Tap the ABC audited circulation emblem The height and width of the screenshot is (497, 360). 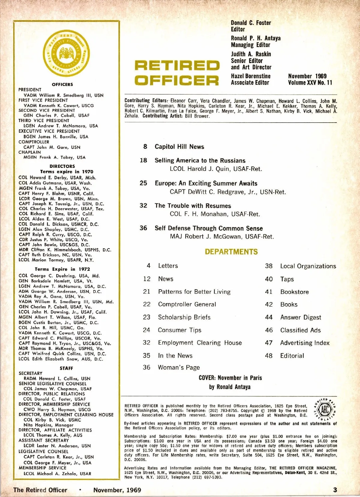pyautogui.click(x=325, y=409)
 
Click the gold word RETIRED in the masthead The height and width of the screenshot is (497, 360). pyautogui.click(x=177, y=65)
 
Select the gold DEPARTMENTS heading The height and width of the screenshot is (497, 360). pyautogui.click(x=231, y=252)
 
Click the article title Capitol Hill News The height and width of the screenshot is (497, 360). pyautogui.click(x=179, y=147)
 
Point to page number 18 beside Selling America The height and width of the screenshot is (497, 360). pyautogui.click(x=143, y=160)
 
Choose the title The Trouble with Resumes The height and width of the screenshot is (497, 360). pyautogui.click(x=193, y=206)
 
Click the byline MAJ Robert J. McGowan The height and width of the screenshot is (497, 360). pyautogui.click(x=222, y=237)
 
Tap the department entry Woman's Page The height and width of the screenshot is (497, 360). pyautogui.click(x=179, y=368)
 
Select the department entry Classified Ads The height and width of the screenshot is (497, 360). pyautogui.click(x=300, y=330)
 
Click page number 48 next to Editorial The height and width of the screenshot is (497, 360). pyautogui.click(x=269, y=356)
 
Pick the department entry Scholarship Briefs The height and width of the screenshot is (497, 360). pyautogui.click(x=184, y=317)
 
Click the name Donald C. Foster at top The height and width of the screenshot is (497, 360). pyautogui.click(x=251, y=23)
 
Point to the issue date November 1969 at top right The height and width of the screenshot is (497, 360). pyautogui.click(x=307, y=76)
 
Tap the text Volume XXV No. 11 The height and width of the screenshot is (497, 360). pyautogui.click(x=310, y=83)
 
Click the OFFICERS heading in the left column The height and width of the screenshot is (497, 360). pyautogui.click(x=62, y=85)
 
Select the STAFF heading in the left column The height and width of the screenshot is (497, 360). pyautogui.click(x=66, y=368)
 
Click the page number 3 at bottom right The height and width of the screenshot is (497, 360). pyautogui.click(x=335, y=490)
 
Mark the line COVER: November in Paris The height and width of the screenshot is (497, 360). pyautogui.click(x=230, y=378)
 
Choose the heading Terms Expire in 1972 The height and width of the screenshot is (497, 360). pyautogui.click(x=62, y=269)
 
